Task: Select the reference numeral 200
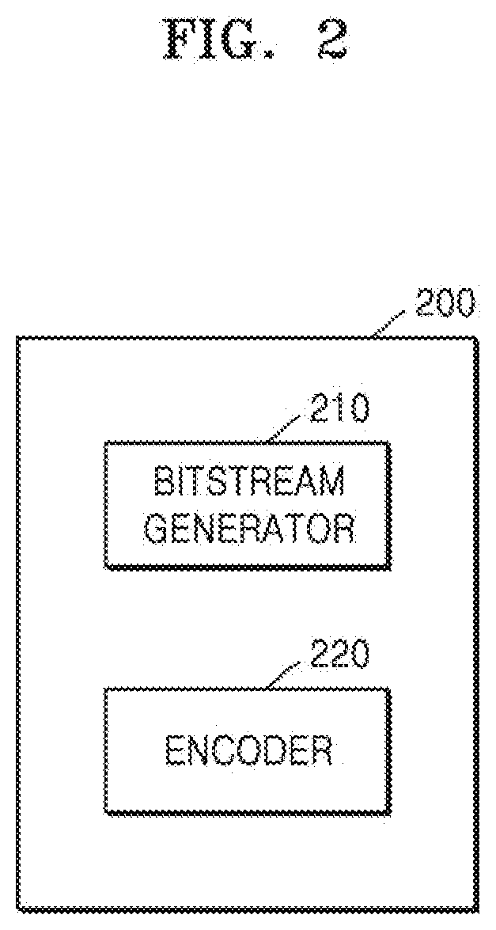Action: click(445, 304)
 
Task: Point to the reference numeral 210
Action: click(339, 408)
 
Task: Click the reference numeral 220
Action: click(339, 655)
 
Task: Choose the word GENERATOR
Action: click(249, 529)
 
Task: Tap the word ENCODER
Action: click(248, 751)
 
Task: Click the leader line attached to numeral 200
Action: click(390, 324)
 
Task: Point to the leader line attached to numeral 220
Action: click(287, 675)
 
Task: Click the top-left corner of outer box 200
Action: click(17, 339)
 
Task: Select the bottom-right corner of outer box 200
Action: click(477, 910)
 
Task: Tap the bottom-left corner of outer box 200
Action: click(17, 910)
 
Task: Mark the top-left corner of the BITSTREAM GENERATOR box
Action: click(106, 443)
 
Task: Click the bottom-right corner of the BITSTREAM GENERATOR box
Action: click(389, 568)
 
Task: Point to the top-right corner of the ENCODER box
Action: click(389, 689)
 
